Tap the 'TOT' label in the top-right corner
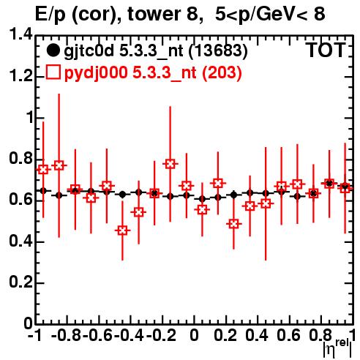(x=326, y=50)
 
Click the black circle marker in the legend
(x=53, y=50)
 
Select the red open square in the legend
(x=53, y=72)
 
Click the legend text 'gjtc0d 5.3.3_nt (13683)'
(x=156, y=51)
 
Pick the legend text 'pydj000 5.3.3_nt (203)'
(x=153, y=73)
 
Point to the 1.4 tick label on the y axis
(x=20, y=34)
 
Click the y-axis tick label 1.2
(x=20, y=76)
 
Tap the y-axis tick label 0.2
(x=20, y=282)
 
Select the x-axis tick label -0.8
(x=67, y=335)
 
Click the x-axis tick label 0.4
(x=257, y=335)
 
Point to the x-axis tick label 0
(x=194, y=335)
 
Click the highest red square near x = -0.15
(x=170, y=164)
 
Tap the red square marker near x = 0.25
(x=233, y=224)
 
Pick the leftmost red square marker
(x=43, y=169)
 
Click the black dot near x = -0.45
(x=122, y=195)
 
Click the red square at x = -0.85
(x=59, y=165)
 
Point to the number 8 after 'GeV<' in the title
(x=319, y=14)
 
